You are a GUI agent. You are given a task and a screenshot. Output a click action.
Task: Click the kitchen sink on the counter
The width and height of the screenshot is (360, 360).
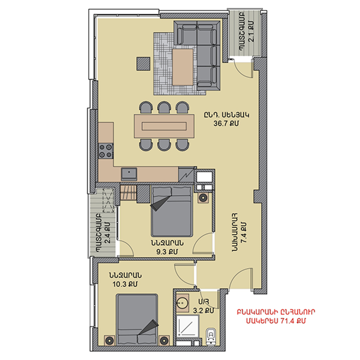129,174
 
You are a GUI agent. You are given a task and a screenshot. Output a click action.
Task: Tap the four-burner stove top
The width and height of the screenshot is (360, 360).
106,151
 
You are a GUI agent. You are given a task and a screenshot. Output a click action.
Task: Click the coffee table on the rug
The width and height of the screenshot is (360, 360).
183,67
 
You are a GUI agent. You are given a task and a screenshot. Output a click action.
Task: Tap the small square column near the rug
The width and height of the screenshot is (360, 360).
143,63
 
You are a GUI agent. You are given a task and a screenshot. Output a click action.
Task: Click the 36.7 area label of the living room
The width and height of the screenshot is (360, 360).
226,124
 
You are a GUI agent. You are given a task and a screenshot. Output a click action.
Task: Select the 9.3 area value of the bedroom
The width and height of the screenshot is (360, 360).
167,252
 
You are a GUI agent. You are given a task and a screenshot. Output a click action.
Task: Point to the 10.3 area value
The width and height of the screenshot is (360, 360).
125,284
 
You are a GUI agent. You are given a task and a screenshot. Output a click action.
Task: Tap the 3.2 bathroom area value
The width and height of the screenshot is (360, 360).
203,311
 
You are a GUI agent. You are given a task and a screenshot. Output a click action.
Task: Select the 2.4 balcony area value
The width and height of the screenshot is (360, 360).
107,233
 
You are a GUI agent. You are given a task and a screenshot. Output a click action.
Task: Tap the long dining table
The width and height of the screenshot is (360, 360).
164,126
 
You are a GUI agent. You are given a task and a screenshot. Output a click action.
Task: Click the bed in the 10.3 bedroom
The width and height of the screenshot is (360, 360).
137,319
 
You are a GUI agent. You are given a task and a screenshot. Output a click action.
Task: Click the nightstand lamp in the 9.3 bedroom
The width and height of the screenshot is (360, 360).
203,197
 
